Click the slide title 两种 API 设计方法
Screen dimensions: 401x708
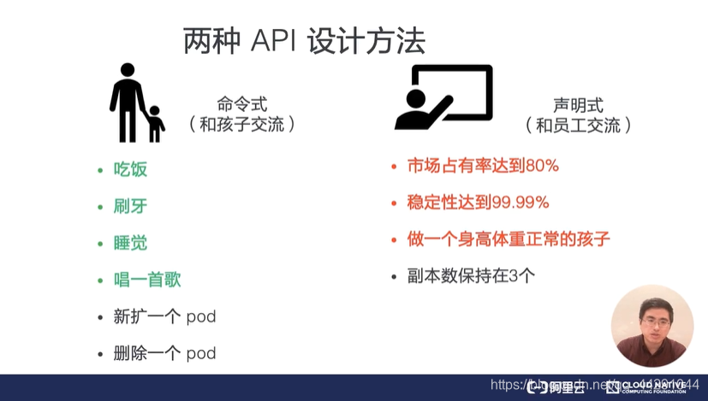click(304, 42)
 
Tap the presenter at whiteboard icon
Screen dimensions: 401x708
click(443, 97)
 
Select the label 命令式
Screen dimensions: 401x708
click(242, 104)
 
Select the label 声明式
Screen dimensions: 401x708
click(578, 105)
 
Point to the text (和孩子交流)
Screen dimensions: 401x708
click(242, 125)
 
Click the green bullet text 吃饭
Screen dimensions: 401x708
click(130, 169)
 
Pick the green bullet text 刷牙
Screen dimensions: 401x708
click(130, 206)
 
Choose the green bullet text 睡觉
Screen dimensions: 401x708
click(130, 243)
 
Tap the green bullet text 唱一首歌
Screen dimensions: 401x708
click(147, 280)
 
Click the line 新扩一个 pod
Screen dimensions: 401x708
click(164, 316)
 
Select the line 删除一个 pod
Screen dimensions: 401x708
click(164, 353)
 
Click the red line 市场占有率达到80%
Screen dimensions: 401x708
click(483, 166)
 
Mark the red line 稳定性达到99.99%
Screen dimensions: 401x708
click(479, 203)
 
